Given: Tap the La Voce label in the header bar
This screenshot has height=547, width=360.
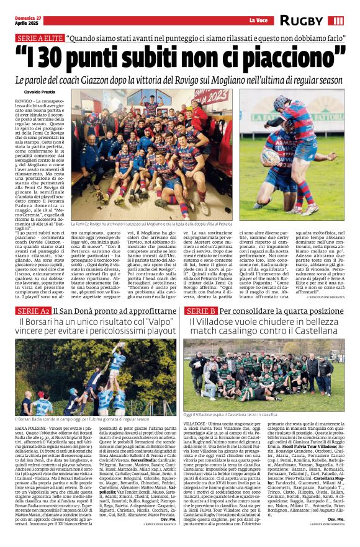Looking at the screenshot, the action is (x=258, y=20).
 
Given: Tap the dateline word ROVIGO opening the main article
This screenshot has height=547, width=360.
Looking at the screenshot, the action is (x=24, y=100).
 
